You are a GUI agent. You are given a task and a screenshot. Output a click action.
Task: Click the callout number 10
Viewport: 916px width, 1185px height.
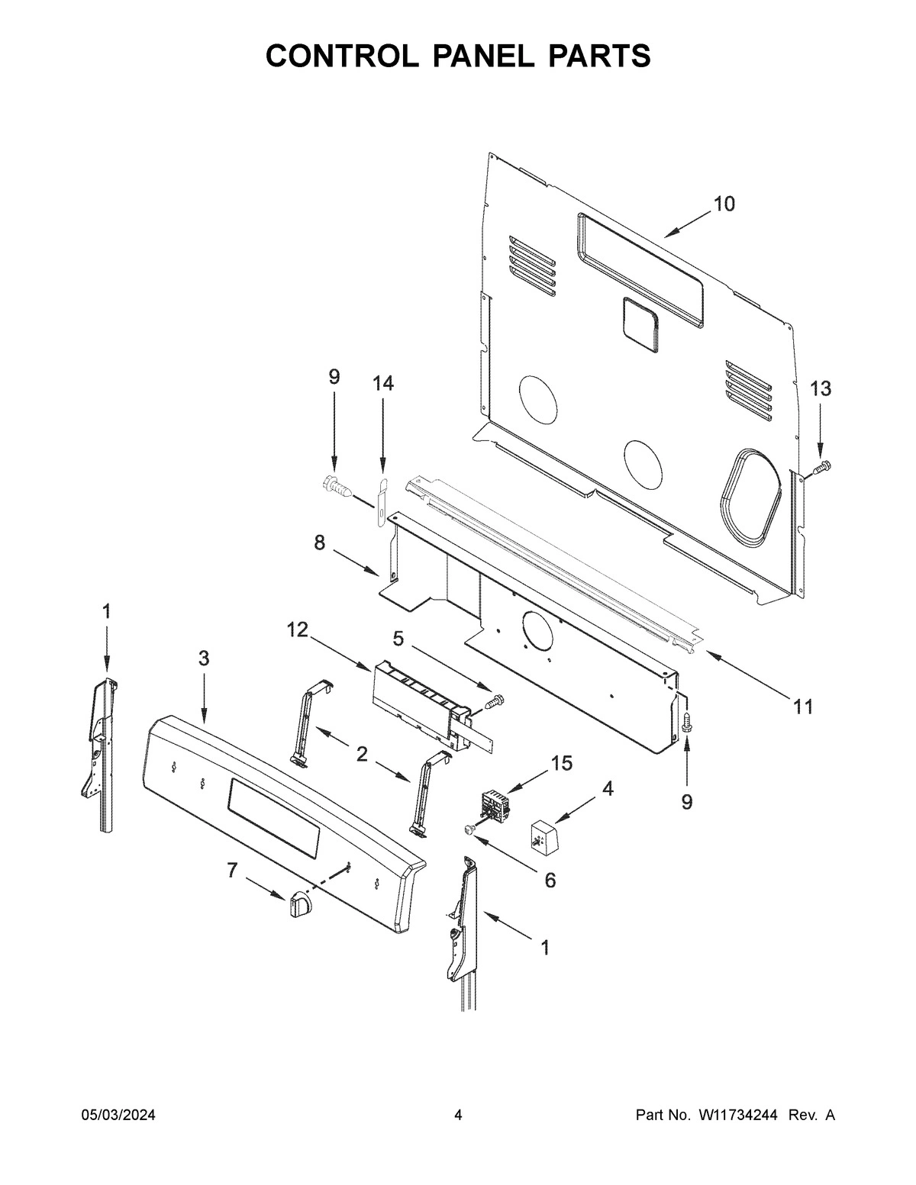click(724, 204)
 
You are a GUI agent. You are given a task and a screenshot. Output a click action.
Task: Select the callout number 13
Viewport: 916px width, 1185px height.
click(820, 388)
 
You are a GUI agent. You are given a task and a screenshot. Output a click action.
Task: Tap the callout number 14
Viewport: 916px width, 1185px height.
click(383, 383)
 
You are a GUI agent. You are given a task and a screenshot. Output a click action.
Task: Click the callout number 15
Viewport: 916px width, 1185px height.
click(562, 764)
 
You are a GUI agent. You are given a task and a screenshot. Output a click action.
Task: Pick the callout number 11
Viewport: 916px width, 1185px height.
click(802, 707)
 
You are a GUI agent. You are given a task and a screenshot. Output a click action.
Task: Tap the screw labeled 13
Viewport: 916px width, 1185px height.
click(821, 466)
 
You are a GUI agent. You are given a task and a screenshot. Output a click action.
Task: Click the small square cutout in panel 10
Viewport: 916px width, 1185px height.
click(640, 326)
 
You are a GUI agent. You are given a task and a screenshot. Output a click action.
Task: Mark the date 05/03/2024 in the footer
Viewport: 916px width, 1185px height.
click(118, 1116)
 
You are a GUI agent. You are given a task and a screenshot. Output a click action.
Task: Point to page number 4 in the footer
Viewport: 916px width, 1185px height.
click(458, 1116)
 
